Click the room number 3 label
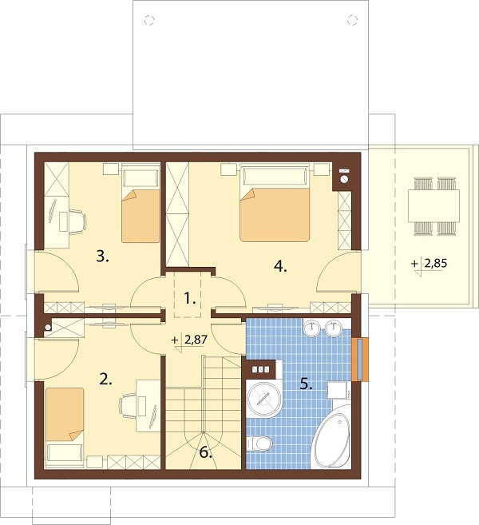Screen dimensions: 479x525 tap(102, 257)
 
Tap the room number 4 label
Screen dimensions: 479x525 tap(280, 267)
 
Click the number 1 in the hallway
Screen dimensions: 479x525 tap(190, 298)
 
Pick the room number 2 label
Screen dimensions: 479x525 tap(105, 380)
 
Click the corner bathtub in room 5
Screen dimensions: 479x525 tap(333, 437)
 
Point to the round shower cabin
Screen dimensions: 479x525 tap(264, 399)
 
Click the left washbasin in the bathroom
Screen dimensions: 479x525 tap(312, 327)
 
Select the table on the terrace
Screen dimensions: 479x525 tap(433, 205)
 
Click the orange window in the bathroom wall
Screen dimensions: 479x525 tap(360, 360)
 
